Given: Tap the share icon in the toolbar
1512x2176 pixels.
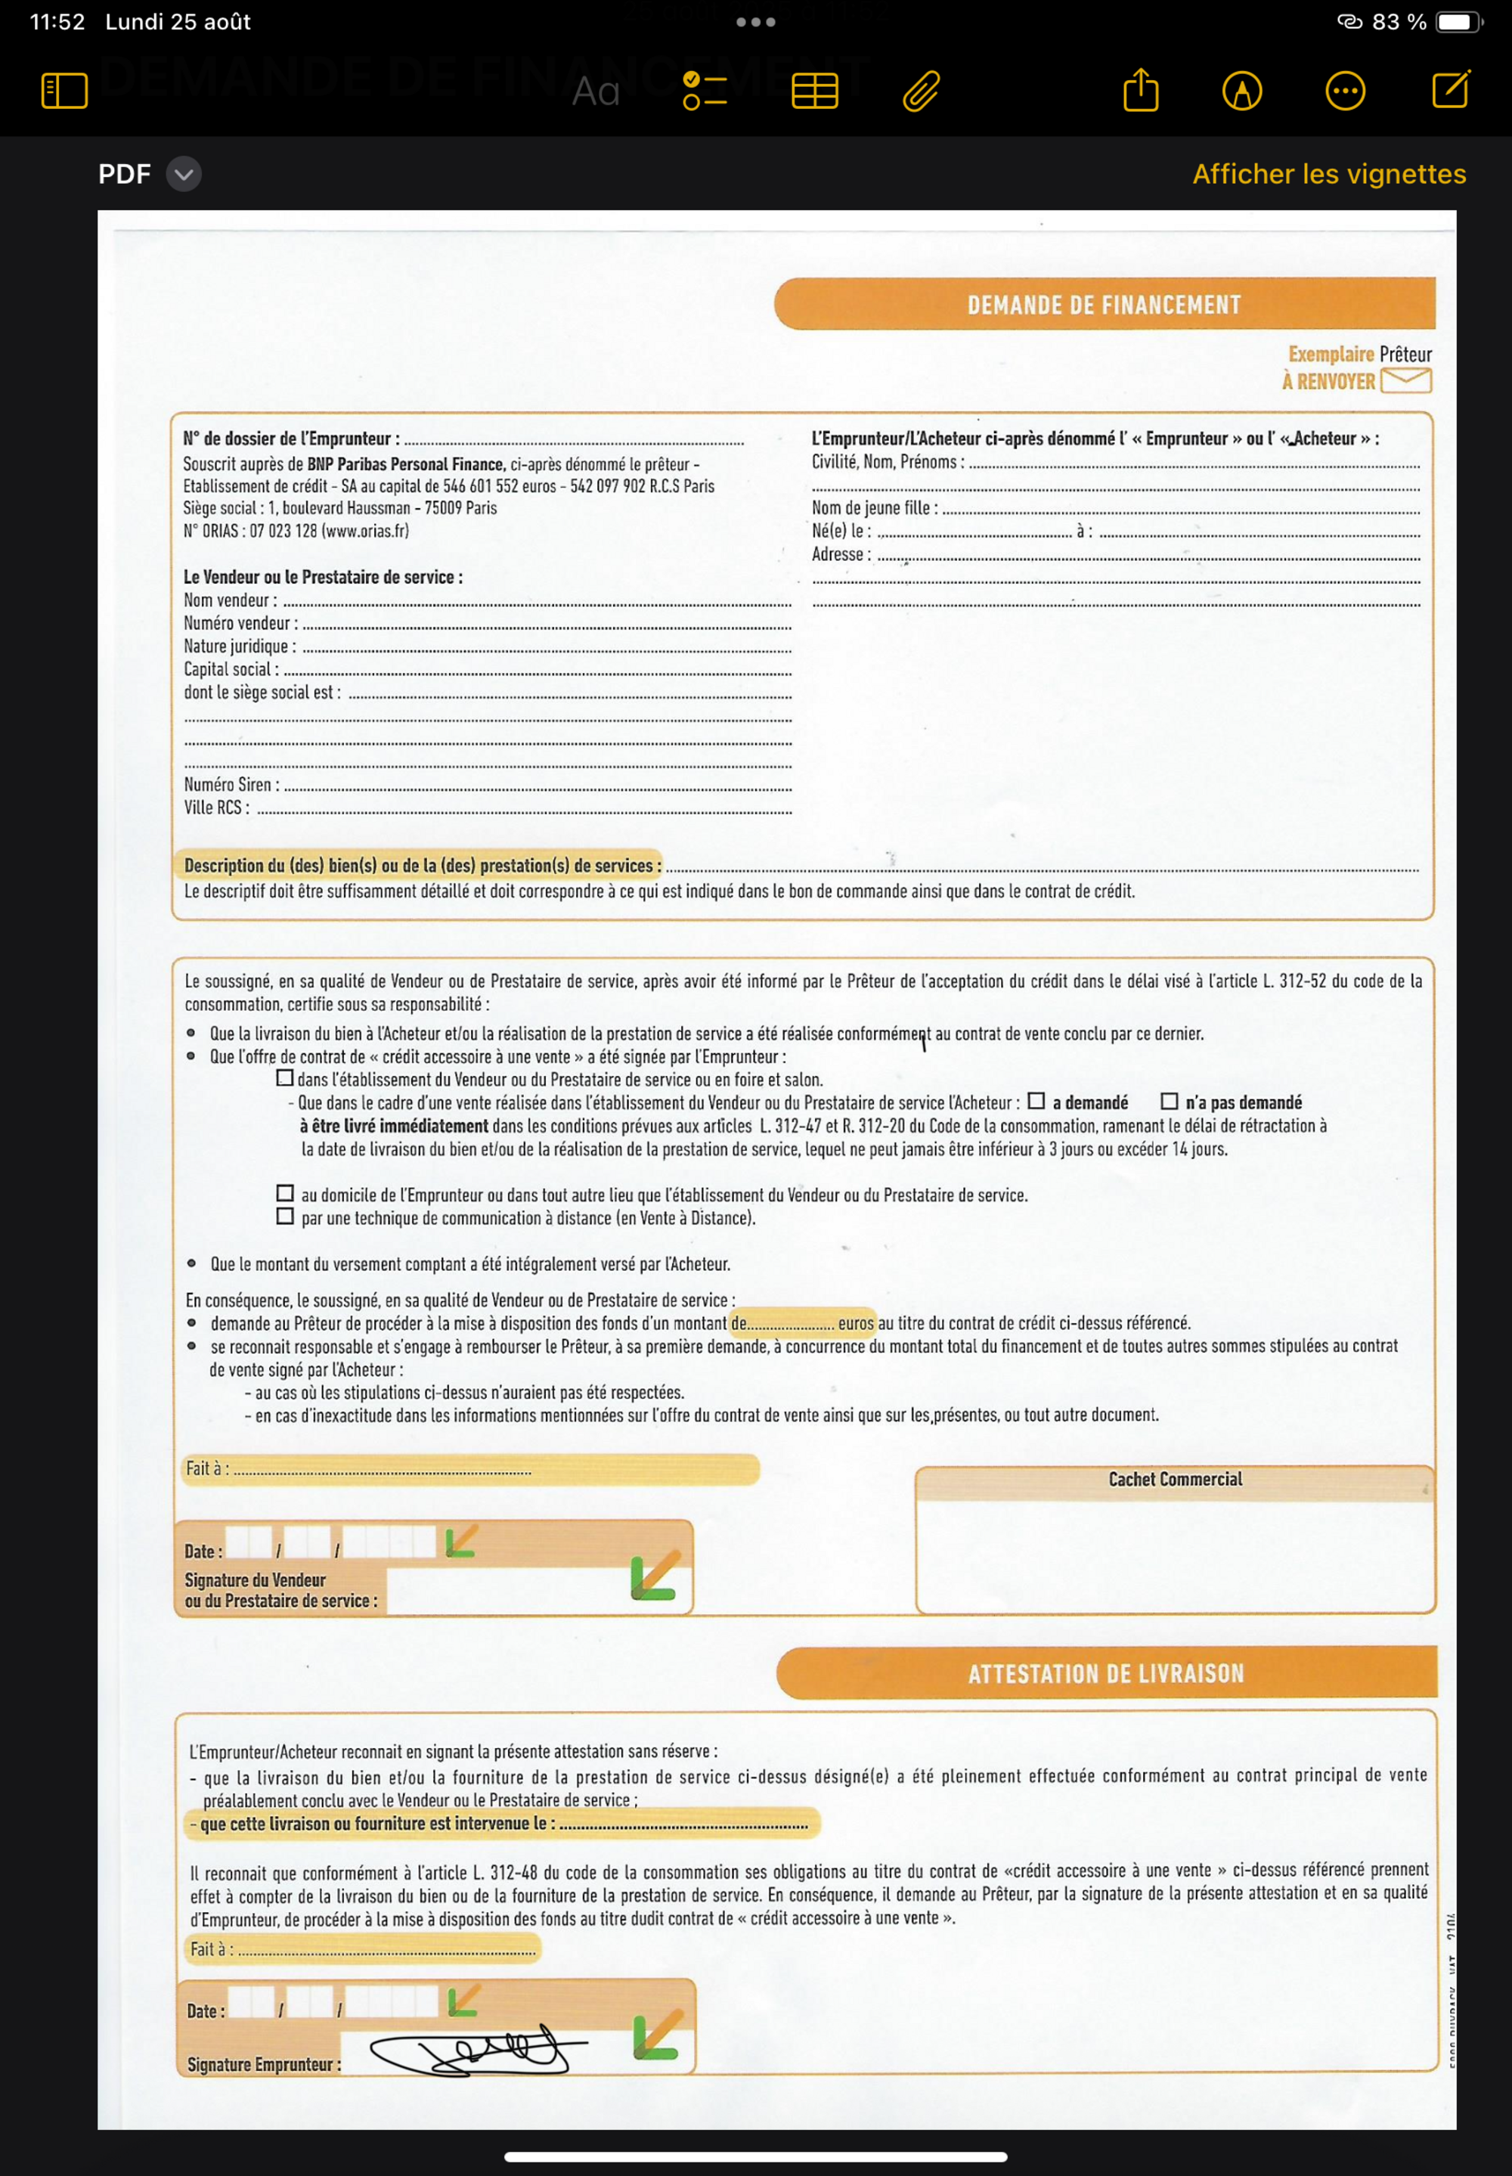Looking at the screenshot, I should click(x=1141, y=91).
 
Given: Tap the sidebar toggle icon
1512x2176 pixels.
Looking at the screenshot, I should click(x=64, y=91).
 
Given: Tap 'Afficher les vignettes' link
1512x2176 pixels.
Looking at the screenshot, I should click(x=1328, y=175).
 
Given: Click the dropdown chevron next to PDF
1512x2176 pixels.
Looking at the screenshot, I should click(x=184, y=175).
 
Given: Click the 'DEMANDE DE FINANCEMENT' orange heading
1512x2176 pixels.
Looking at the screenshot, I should click(x=1104, y=305).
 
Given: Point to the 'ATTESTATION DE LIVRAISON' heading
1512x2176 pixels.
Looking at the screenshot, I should click(x=1105, y=1673).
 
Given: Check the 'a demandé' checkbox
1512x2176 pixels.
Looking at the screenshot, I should click(x=1036, y=1101).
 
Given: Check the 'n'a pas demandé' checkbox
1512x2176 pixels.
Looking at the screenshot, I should click(x=1169, y=1101).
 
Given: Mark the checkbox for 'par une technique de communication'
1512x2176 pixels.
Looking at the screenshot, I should click(x=285, y=1216).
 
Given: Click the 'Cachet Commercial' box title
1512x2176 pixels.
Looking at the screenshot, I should click(x=1175, y=1479).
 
